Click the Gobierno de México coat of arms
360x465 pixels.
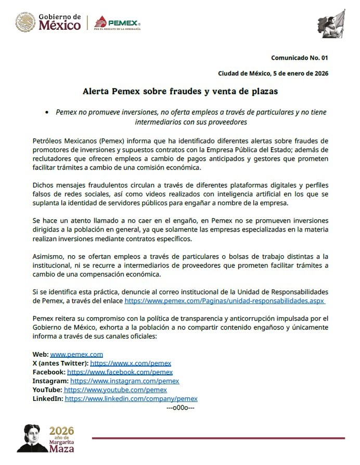25,22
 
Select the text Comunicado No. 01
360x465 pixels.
299,57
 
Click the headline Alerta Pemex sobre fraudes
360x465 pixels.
180,91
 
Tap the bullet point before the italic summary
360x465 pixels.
47,112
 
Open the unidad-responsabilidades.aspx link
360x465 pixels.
225,301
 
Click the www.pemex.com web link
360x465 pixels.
76,354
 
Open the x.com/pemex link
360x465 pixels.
131,363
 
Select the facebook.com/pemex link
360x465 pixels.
120,372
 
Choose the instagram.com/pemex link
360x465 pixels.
124,381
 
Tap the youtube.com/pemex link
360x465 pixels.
115,389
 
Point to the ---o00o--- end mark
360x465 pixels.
180,407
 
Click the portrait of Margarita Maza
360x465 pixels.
32,438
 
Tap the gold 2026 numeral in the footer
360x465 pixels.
61,431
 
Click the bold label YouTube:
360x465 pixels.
47,389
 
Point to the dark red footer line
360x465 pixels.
218,438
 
